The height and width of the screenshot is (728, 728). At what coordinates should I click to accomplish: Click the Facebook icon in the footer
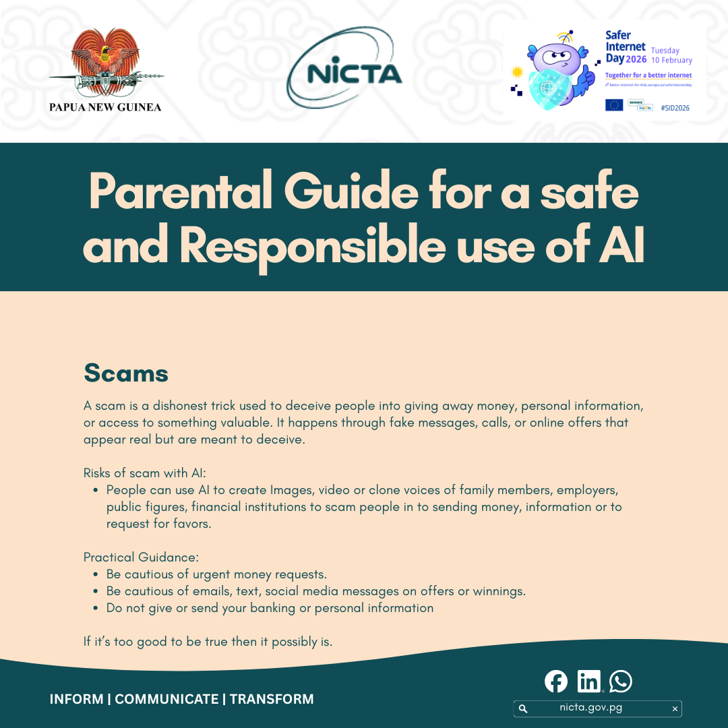coord(556,681)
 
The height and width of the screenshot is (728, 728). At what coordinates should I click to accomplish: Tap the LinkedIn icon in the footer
coord(588,681)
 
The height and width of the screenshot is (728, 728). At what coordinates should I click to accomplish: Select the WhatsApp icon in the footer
coord(621,681)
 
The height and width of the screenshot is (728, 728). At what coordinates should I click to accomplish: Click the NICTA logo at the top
coord(344,73)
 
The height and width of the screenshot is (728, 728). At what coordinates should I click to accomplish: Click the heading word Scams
coord(125,373)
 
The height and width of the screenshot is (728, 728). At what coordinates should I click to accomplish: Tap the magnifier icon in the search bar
coord(523,708)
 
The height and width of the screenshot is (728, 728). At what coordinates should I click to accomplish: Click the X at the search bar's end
coord(675,708)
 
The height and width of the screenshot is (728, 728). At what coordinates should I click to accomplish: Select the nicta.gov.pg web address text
coord(590,708)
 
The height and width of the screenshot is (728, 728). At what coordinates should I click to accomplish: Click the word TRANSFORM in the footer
coord(272,699)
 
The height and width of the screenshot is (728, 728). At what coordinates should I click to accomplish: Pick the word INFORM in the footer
coord(76,699)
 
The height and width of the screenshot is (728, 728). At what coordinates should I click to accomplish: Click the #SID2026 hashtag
coord(675,108)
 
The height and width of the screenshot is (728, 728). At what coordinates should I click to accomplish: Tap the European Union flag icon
coord(614,104)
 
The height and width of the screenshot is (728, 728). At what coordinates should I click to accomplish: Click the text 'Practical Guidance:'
coord(141,557)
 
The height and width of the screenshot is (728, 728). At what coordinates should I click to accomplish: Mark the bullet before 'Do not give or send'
coord(96,608)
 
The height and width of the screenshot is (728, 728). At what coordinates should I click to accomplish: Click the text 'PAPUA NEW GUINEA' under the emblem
coord(105,107)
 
